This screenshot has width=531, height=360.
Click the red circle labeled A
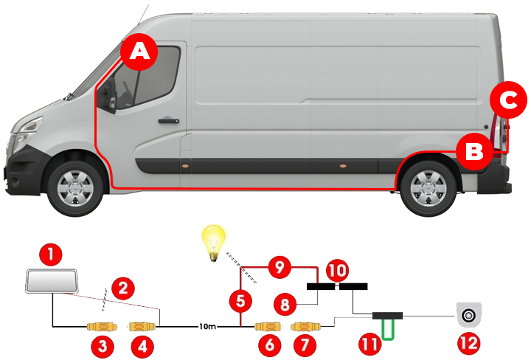point(139,51)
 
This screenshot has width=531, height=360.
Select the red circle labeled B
point(473,151)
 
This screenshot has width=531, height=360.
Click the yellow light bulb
point(214,241)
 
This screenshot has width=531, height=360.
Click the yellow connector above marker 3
point(102,326)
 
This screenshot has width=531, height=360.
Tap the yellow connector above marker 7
point(305,325)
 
